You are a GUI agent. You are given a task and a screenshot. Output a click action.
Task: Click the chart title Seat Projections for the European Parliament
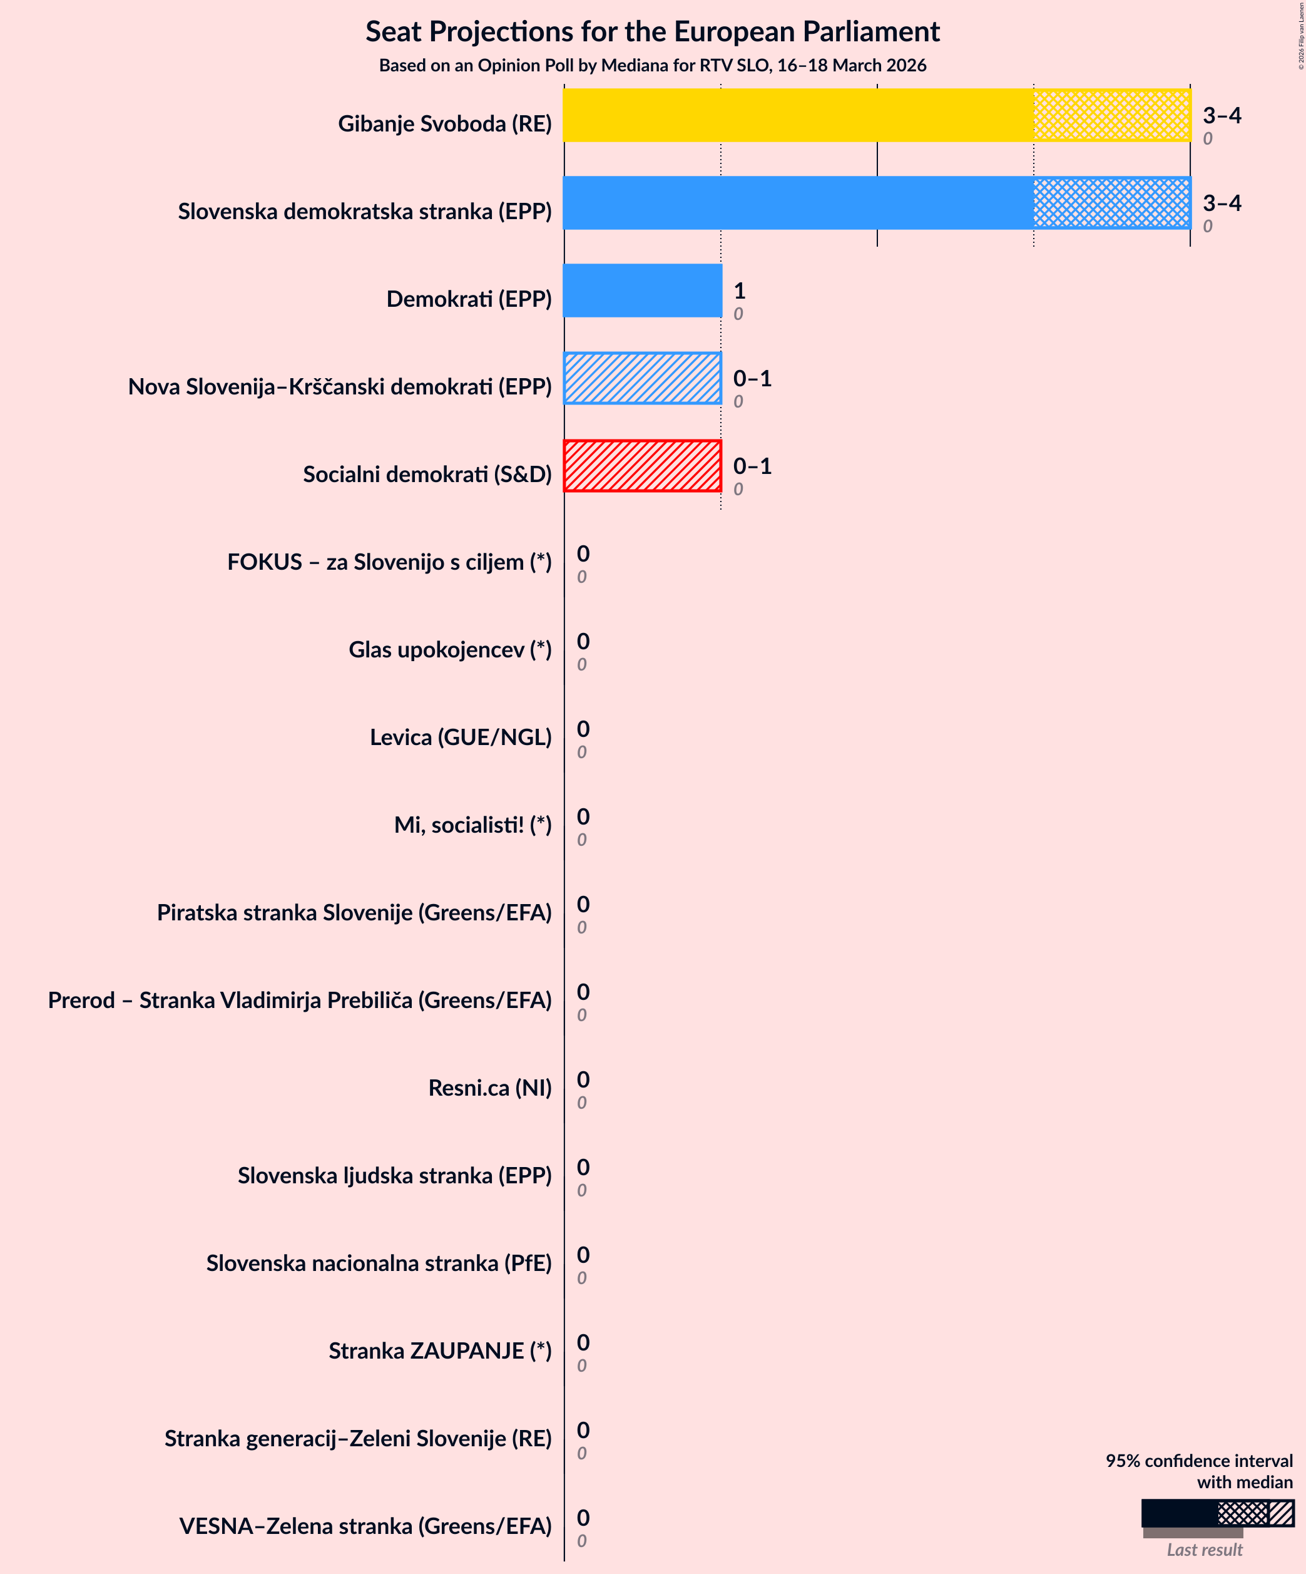[x=652, y=32]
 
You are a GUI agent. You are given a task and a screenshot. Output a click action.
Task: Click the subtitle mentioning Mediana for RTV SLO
[x=652, y=65]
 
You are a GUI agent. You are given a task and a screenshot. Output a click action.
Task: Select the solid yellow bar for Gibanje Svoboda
[x=798, y=115]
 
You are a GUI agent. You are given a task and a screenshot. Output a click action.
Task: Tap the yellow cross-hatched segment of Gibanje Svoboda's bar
[x=1112, y=115]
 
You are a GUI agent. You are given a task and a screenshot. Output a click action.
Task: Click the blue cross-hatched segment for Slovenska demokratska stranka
[x=1112, y=203]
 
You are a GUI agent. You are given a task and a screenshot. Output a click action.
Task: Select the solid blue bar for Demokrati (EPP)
[x=642, y=291]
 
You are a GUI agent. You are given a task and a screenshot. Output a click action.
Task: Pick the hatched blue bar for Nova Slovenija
[x=642, y=379]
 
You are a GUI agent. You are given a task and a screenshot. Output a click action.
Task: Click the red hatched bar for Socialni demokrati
[x=642, y=466]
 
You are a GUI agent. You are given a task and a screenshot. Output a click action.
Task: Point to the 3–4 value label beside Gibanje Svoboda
[x=1222, y=115]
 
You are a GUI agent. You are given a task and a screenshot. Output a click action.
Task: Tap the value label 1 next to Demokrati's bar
[x=739, y=291]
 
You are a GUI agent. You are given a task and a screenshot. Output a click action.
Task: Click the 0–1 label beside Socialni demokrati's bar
[x=752, y=466]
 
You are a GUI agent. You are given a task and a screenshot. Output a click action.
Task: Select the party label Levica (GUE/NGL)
[x=460, y=738]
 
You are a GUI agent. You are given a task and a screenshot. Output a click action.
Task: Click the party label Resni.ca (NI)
[x=489, y=1088]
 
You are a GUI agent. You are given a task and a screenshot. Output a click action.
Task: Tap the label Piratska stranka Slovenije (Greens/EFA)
[x=354, y=913]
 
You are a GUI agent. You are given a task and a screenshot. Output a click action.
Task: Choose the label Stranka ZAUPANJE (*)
[x=440, y=1350]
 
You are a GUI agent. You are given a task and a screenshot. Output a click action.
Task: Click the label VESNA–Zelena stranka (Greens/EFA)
[x=365, y=1526]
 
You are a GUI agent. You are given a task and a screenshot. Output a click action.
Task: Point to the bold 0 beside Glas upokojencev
[x=583, y=642]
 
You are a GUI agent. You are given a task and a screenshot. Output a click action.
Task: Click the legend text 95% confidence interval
[x=1198, y=1461]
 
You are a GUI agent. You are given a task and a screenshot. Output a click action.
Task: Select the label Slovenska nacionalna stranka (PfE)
[x=379, y=1263]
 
